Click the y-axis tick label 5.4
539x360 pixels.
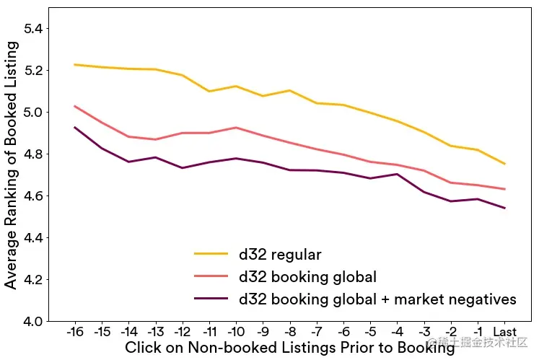pos(34,29)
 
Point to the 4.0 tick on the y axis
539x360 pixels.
pos(34,321)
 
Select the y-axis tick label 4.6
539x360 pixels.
pos(34,196)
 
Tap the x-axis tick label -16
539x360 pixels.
pos(74,333)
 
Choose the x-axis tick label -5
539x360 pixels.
pos(370,333)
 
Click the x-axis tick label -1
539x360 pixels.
pos(478,333)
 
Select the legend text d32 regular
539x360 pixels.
pos(280,255)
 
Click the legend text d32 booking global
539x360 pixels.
pos(308,276)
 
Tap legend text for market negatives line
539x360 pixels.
pos(377,299)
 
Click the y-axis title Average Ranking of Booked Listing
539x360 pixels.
pos(11,164)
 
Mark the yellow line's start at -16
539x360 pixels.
pos(74,64)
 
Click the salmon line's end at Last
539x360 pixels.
pos(504,189)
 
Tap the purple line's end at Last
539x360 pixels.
pos(504,208)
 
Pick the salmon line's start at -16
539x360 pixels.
pos(74,106)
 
